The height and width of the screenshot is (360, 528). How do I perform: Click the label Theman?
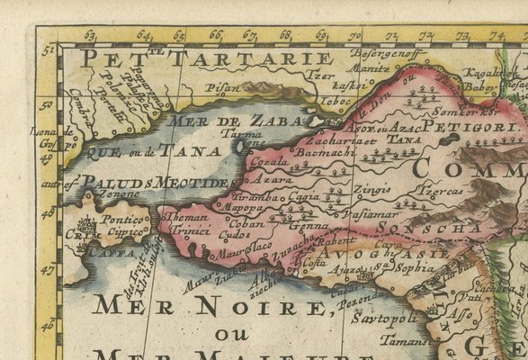188,218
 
